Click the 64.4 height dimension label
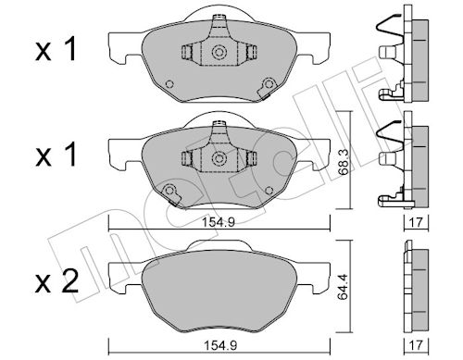click(344, 287)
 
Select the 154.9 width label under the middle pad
click(219, 222)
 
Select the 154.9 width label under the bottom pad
click(220, 345)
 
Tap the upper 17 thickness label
click(417, 222)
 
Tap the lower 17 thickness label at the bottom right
click(417, 345)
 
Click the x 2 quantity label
click(56, 282)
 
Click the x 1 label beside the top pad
click(56, 49)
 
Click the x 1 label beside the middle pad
click(56, 155)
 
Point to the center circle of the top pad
click(219, 52)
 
